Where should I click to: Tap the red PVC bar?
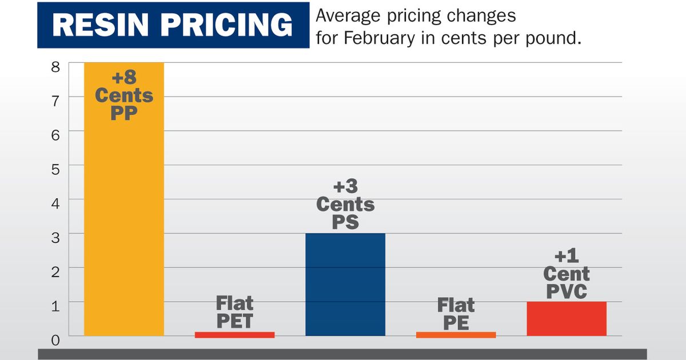click(566, 318)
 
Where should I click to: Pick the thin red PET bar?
click(234, 335)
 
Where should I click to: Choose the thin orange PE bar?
click(456, 335)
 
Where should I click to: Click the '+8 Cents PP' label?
click(123, 95)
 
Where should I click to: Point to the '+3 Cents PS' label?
click(345, 204)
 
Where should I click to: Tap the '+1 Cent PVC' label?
click(566, 274)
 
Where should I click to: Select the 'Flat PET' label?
click(234, 312)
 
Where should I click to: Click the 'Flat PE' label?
click(456, 314)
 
